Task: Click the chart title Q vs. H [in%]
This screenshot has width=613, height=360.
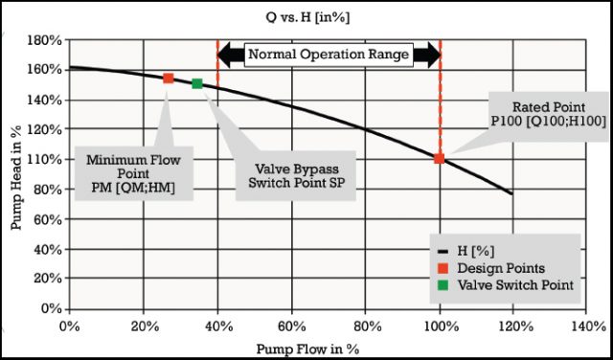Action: click(306, 16)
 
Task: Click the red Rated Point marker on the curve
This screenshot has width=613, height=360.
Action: click(440, 158)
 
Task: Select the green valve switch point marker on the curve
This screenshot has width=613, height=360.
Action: click(197, 83)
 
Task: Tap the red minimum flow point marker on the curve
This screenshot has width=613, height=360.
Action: click(168, 78)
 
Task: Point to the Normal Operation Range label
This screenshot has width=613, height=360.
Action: click(329, 55)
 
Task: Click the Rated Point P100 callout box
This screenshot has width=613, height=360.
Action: click(547, 111)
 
